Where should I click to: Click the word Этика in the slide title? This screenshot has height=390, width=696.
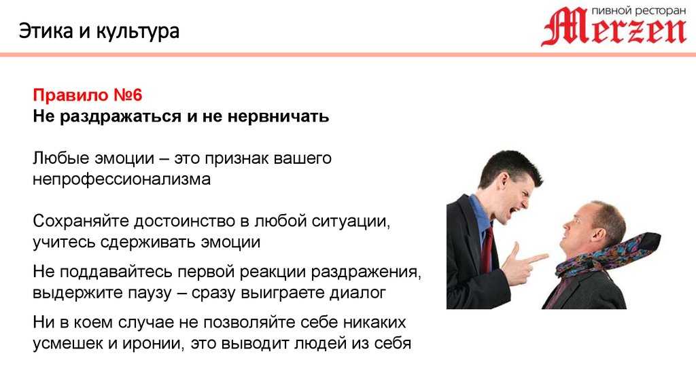point(46,31)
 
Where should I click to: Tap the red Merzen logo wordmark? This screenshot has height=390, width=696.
point(614,26)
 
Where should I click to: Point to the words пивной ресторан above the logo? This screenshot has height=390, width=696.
point(639,10)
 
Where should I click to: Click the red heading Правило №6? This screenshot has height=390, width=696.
point(88,95)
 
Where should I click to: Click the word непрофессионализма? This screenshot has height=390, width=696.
point(122,179)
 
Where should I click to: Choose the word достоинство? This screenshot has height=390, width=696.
point(186,221)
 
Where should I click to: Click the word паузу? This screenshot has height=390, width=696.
point(149,294)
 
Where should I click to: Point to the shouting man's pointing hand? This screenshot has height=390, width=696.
point(525,264)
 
